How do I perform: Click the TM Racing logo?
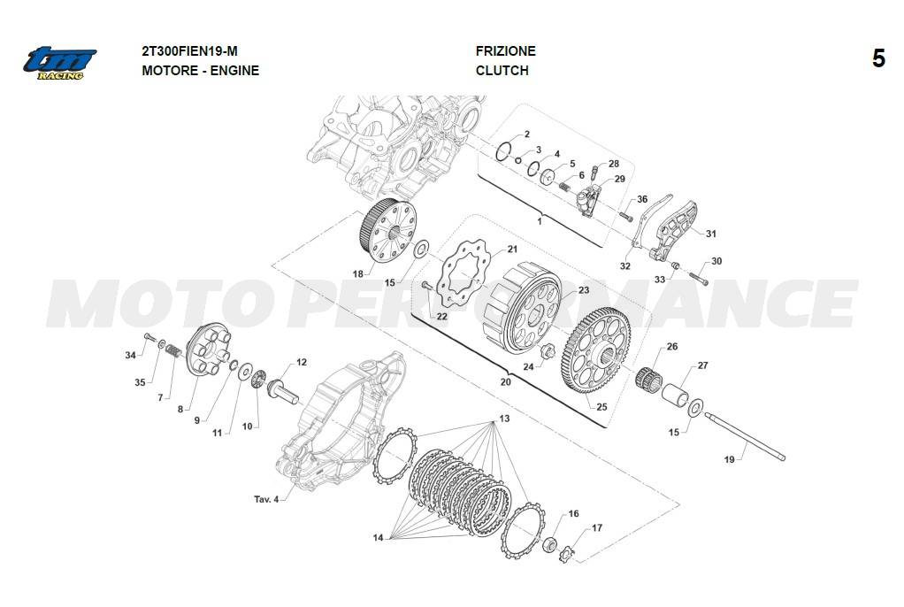tap(59, 63)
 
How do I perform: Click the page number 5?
tap(878, 59)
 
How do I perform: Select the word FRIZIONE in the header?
tap(506, 50)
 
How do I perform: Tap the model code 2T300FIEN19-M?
tap(189, 50)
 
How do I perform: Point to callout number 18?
tap(358, 273)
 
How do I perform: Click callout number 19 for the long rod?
tap(730, 459)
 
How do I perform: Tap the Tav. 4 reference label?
tap(266, 499)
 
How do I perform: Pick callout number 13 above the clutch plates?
tap(504, 419)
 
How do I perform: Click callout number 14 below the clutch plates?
tap(378, 538)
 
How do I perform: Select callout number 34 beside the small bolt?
tap(131, 355)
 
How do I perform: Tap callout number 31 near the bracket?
tap(711, 234)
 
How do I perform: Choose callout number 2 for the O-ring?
tap(527, 134)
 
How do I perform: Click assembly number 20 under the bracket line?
tap(506, 382)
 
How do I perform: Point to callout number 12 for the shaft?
tap(302, 363)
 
